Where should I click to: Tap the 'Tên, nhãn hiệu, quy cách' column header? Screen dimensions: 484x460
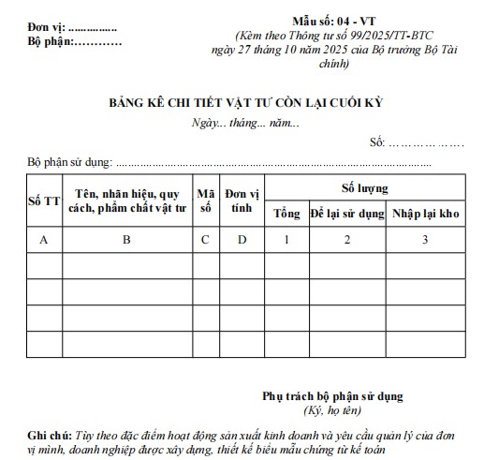tap(128, 200)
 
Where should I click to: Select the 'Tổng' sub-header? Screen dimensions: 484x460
tap(286, 214)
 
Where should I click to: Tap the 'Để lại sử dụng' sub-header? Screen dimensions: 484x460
tap(347, 214)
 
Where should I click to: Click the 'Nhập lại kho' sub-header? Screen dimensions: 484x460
tap(425, 214)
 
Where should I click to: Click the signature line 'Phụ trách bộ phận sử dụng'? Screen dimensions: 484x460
tap(332, 396)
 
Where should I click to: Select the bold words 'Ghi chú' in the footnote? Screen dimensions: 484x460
tap(48, 436)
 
